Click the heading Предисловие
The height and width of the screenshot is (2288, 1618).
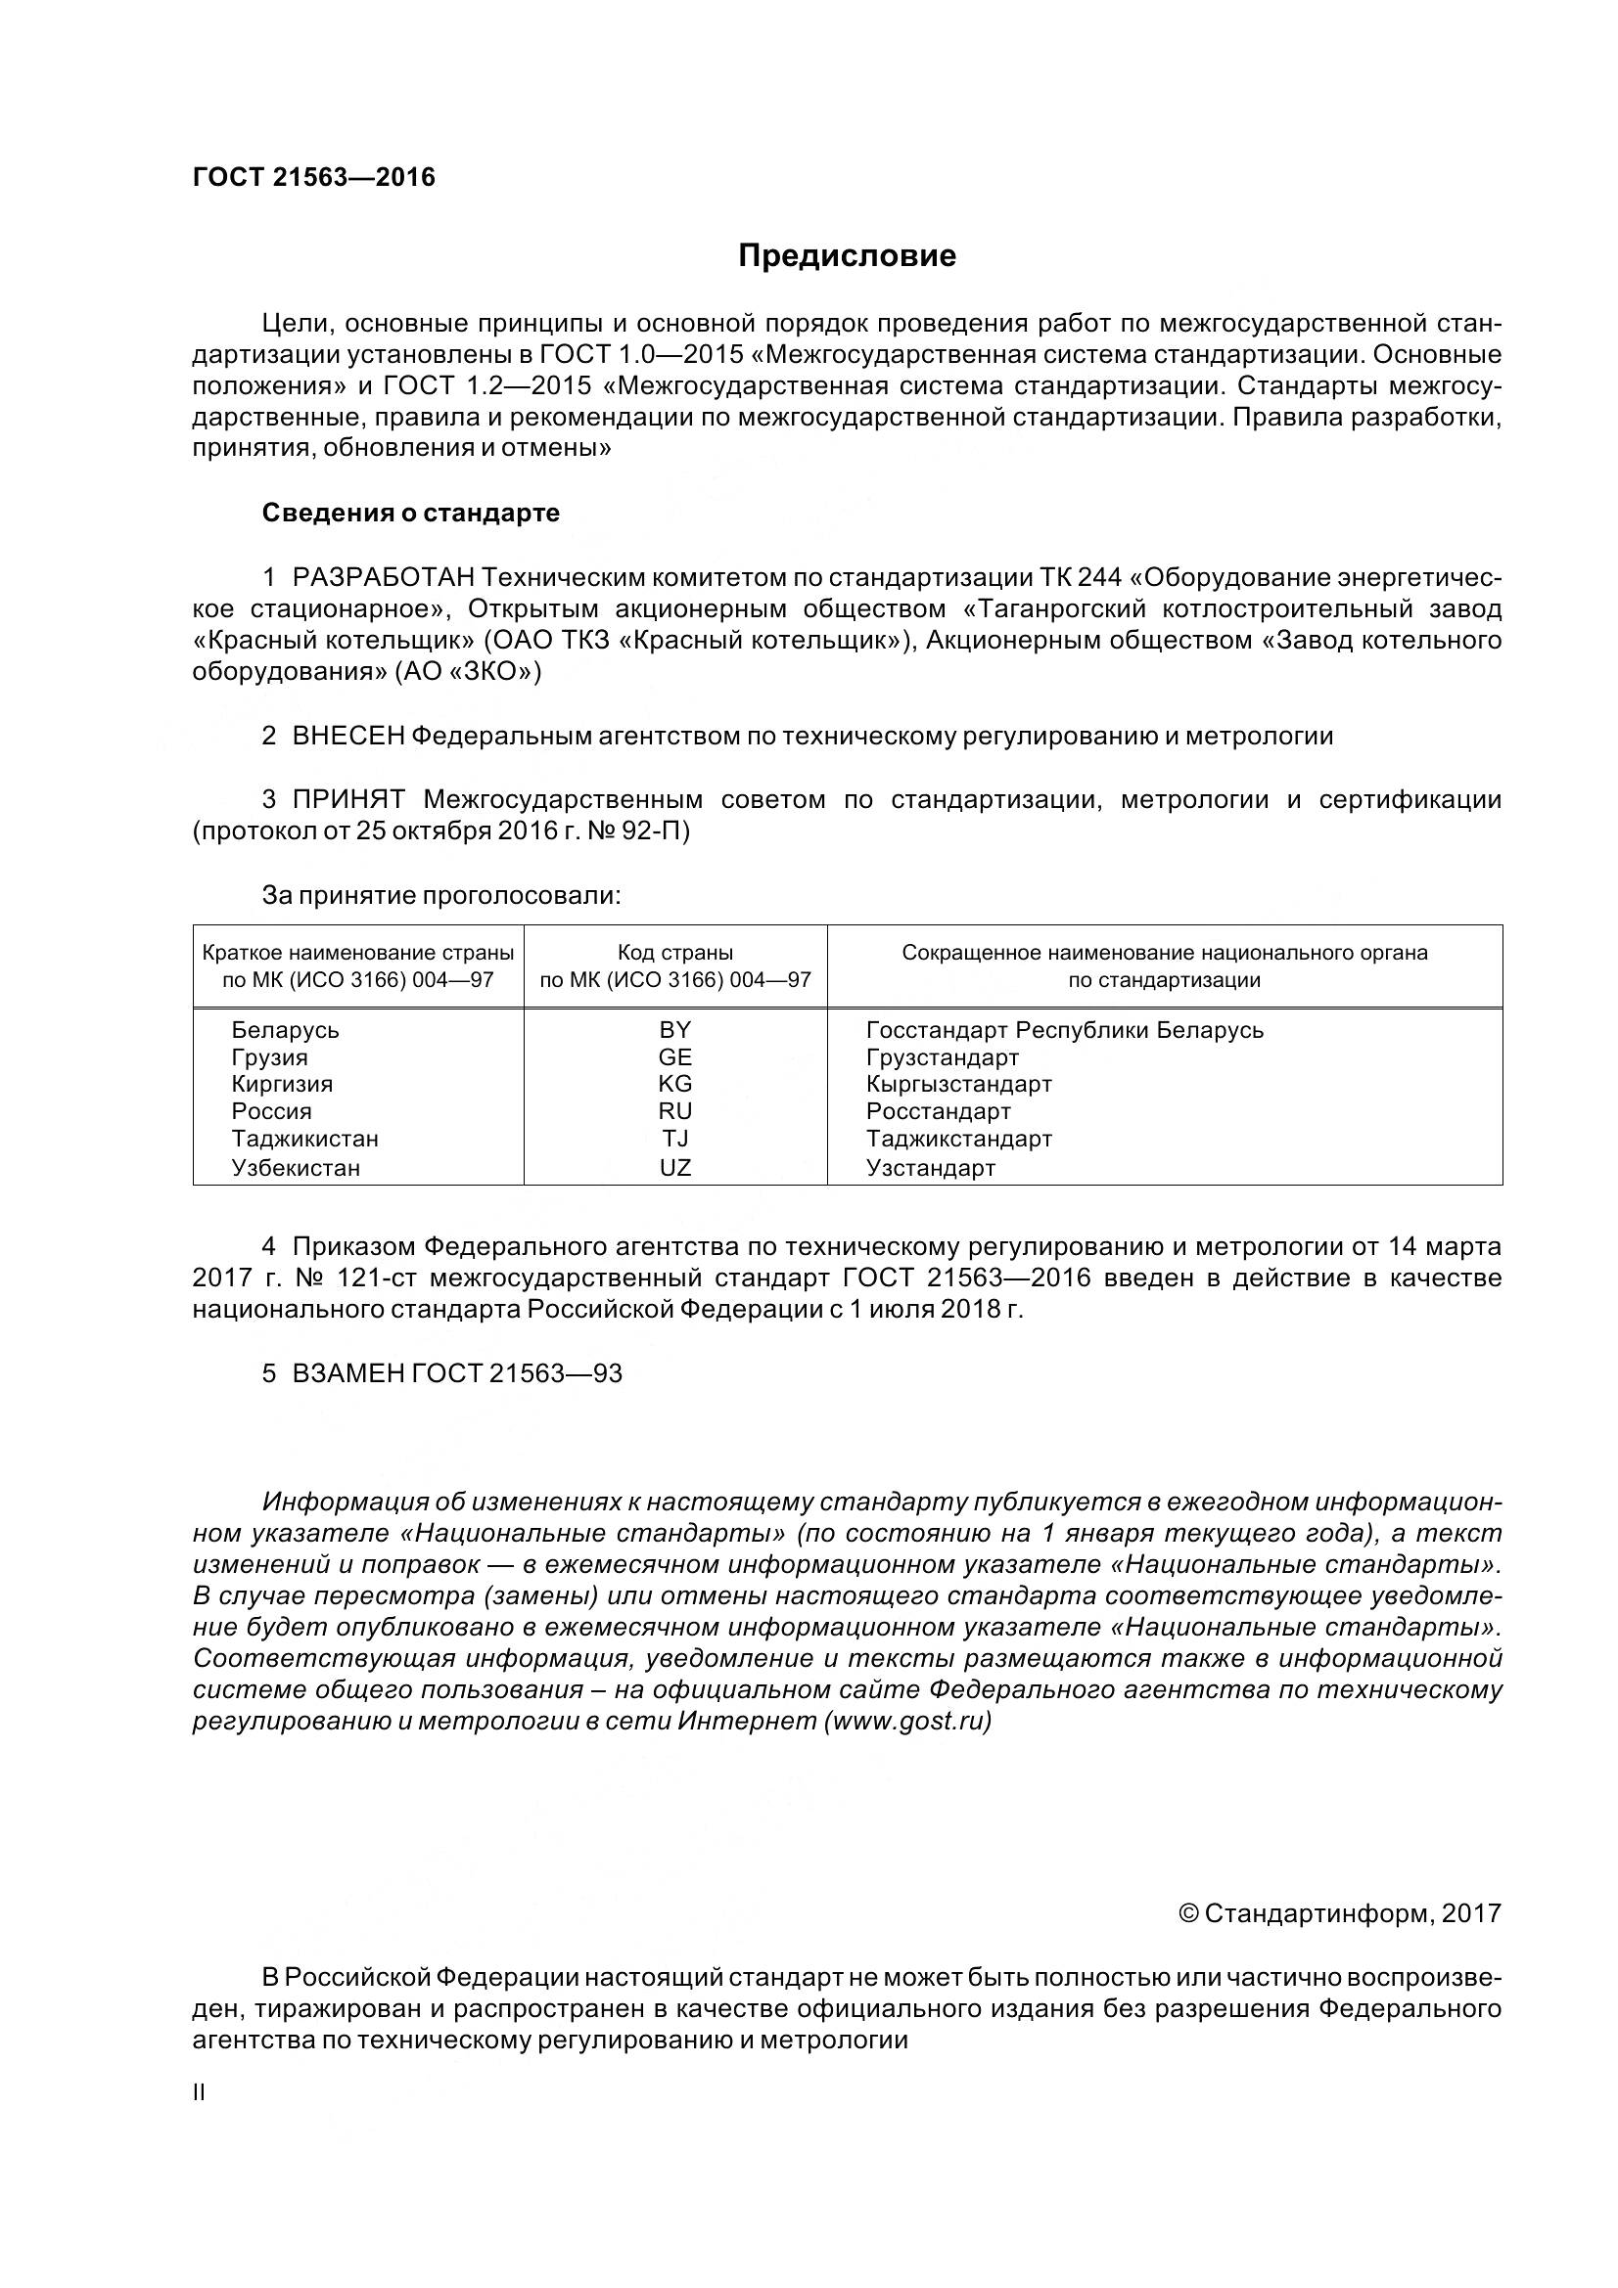(847, 256)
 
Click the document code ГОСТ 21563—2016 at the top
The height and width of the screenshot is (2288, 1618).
(314, 177)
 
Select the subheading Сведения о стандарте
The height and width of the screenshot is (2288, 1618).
(411, 514)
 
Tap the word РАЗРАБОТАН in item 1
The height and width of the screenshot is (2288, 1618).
(384, 578)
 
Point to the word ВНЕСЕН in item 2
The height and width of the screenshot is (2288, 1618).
(347, 737)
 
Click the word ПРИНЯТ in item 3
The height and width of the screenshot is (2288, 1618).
(347, 799)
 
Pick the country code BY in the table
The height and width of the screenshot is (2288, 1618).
(675, 1029)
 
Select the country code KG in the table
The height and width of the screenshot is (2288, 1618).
(675, 1083)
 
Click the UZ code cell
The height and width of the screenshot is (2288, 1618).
(675, 1168)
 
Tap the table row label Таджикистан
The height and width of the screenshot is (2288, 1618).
(305, 1138)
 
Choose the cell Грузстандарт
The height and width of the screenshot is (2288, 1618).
(942, 1057)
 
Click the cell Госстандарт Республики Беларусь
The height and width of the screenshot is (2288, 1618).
(1064, 1029)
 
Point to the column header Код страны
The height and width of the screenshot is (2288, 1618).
(675, 953)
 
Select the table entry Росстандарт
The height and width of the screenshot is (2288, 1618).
(938, 1111)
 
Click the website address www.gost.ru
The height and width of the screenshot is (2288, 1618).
(907, 1721)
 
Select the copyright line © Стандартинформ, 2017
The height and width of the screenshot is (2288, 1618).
(1339, 1913)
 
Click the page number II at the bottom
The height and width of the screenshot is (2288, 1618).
(199, 2092)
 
